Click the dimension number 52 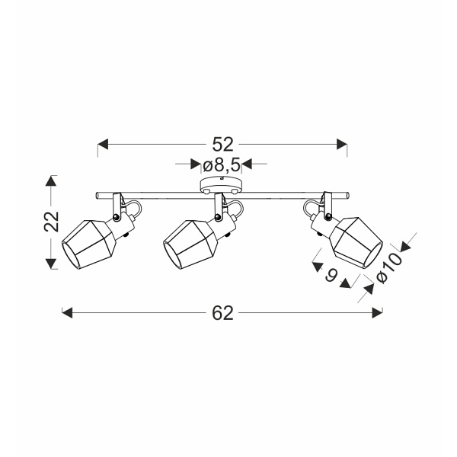[223, 144]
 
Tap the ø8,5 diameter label [222, 165]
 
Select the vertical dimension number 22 [52, 221]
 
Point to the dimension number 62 [223, 313]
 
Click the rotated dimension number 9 [331, 274]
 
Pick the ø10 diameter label [390, 267]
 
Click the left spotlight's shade [89, 244]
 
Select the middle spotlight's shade [190, 244]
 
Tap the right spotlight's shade [356, 242]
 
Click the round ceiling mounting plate [221, 185]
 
